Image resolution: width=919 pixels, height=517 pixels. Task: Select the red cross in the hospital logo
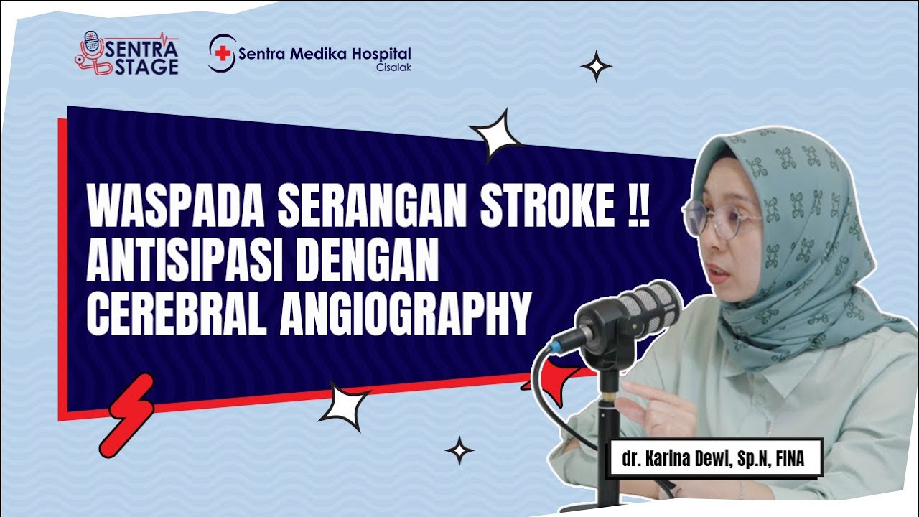pyautogui.click(x=223, y=54)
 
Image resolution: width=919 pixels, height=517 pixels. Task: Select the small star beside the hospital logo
pyautogui.click(x=596, y=66)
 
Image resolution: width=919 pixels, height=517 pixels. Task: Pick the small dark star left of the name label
pyautogui.click(x=459, y=450)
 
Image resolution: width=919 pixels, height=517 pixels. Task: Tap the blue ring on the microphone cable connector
pyautogui.click(x=554, y=347)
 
